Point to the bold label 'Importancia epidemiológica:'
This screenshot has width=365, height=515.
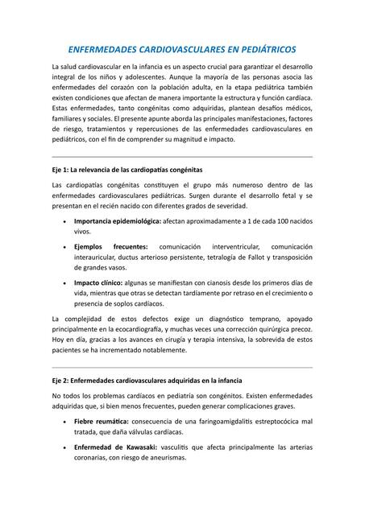pyautogui.click(x=117, y=220)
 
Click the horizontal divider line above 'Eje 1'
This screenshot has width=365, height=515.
pyautogui.click(x=182, y=155)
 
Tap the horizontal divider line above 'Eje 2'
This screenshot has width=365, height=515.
pyautogui.click(x=182, y=366)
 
